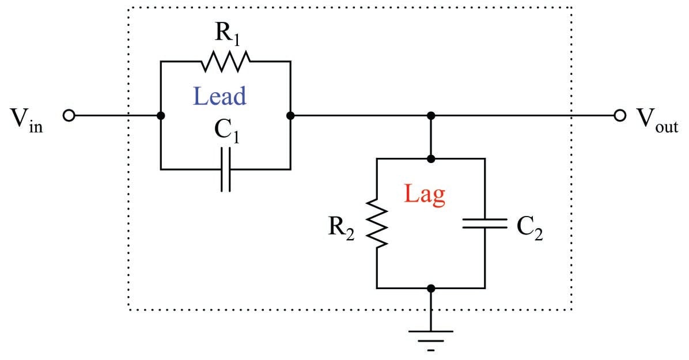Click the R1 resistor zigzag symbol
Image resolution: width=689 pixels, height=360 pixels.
point(226,60)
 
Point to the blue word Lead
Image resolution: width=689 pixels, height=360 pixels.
point(219,96)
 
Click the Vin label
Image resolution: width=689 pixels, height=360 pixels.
point(26,120)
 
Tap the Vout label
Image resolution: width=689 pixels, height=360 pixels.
point(657,120)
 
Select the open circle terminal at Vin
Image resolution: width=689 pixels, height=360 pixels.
point(68,116)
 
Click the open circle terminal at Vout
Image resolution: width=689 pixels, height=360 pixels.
point(620,116)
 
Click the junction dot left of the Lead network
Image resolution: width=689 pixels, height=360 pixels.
point(161,116)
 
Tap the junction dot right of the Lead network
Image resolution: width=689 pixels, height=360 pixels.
point(290,116)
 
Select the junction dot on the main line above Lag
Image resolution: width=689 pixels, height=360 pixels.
point(430,116)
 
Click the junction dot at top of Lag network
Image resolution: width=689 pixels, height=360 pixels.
point(430,158)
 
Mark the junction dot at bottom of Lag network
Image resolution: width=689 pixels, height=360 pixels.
point(430,287)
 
